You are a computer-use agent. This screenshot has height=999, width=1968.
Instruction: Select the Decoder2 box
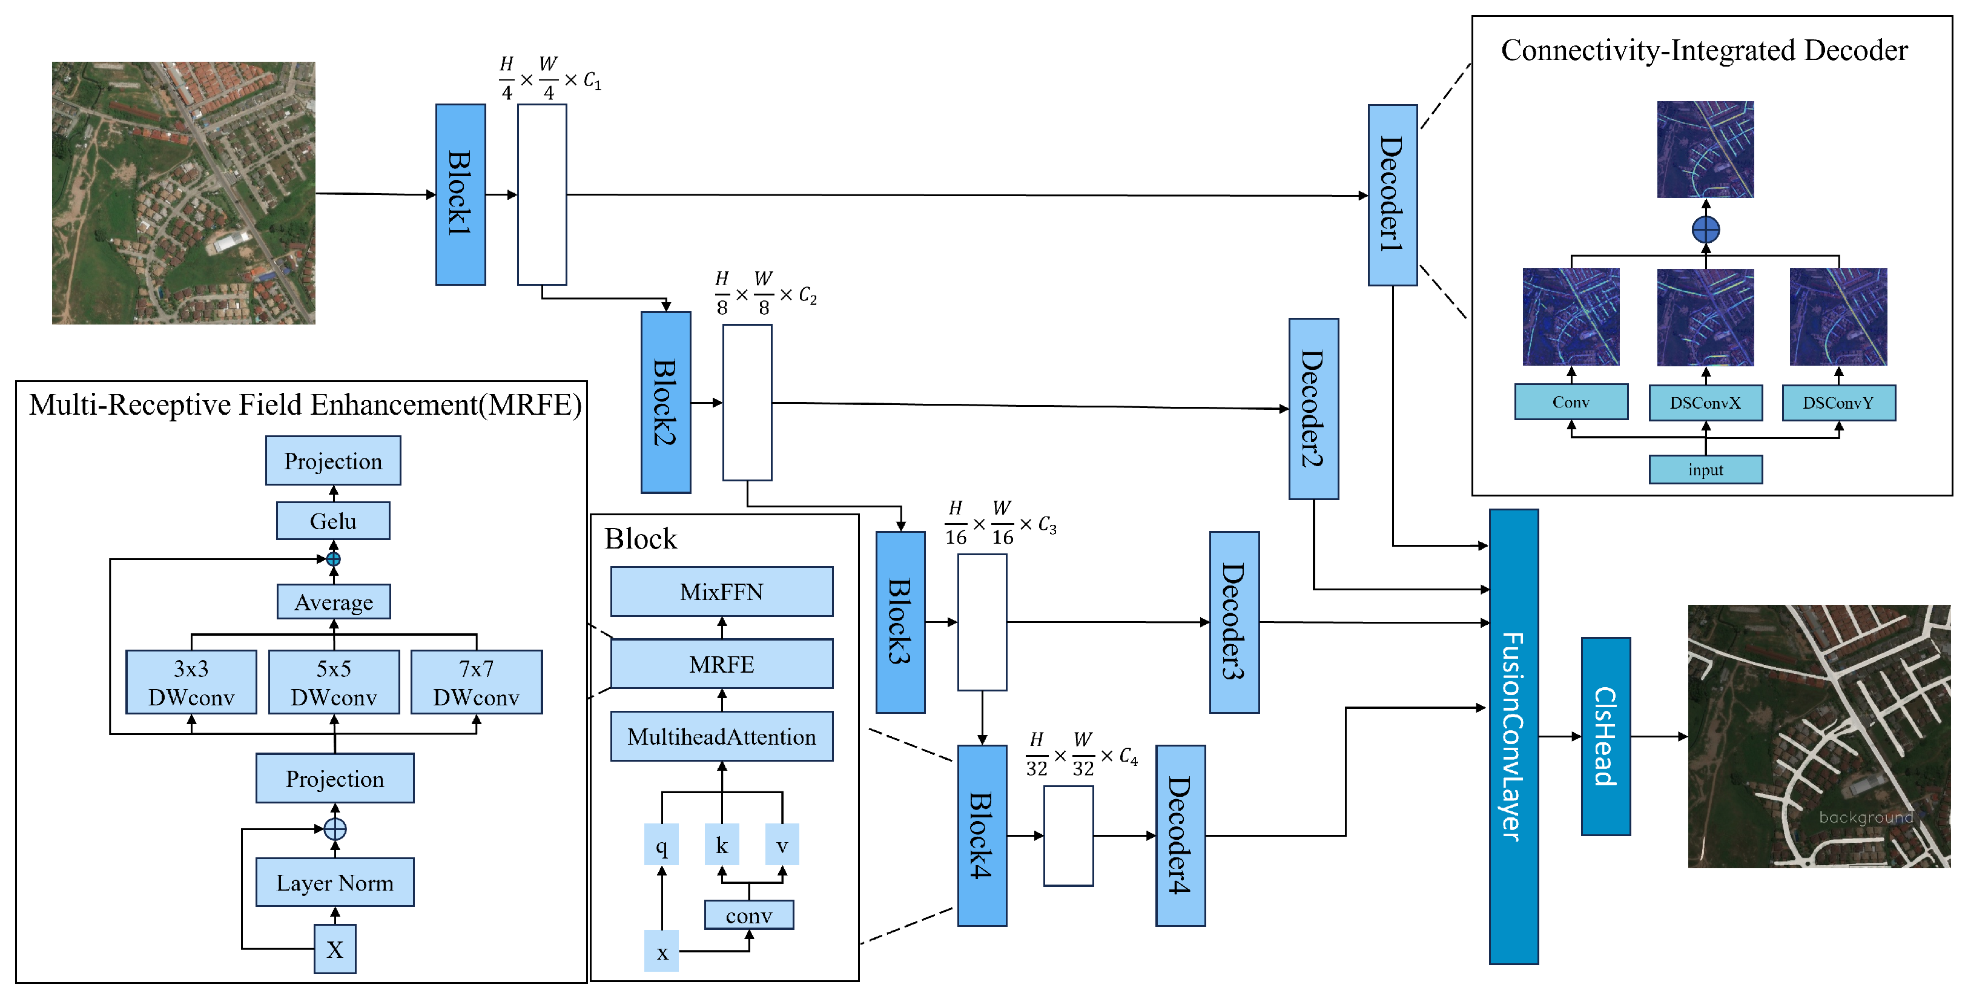coord(1313,409)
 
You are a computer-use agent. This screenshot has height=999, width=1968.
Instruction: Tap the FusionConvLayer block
coord(1513,736)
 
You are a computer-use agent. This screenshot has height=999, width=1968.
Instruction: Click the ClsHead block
coord(1605,736)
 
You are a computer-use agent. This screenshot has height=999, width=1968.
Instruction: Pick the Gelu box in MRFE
coord(333,521)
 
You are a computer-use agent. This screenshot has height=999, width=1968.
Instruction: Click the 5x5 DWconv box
coord(334,682)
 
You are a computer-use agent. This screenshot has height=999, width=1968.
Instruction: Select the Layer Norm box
coord(335,882)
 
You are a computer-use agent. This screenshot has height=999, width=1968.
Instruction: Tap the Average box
coord(334,602)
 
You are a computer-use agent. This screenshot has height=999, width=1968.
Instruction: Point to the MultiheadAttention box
coord(721,736)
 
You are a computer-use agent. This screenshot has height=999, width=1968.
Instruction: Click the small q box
coord(662,845)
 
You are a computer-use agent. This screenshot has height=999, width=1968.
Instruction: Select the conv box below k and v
coord(748,915)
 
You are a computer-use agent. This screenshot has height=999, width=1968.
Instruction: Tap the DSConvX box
coord(1705,403)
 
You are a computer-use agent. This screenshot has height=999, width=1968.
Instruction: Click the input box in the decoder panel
coord(1705,469)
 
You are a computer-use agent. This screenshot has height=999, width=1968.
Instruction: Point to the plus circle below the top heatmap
coord(1705,229)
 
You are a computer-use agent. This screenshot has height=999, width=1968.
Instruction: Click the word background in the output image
coord(1865,817)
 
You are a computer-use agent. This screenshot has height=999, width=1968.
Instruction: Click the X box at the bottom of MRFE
coord(335,949)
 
